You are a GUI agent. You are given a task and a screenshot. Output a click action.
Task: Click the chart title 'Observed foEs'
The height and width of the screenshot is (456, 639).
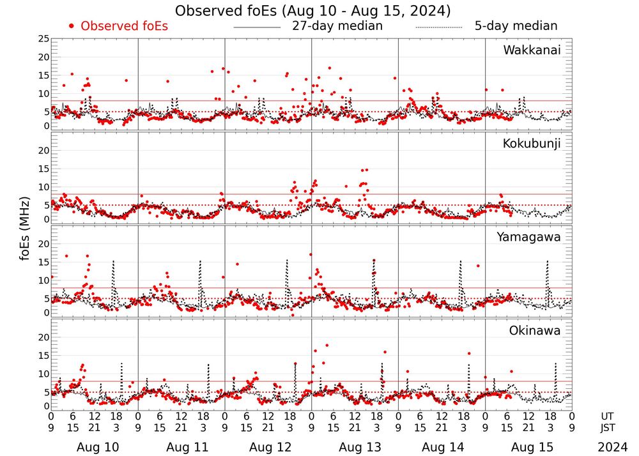[x=312, y=11]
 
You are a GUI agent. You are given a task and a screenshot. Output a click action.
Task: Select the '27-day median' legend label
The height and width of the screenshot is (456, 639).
[x=337, y=26]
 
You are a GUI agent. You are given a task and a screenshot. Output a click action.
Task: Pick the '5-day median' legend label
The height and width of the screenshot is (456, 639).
[x=516, y=26]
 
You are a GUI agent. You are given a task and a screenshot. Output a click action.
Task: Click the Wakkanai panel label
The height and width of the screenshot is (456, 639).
[x=532, y=50]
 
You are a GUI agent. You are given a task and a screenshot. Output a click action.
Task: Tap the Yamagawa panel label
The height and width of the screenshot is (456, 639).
[x=528, y=237]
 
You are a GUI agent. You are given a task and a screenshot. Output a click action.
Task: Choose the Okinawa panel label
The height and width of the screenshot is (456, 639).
[x=534, y=331]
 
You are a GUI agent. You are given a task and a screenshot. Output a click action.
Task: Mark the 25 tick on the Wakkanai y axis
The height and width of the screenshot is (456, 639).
[x=43, y=39]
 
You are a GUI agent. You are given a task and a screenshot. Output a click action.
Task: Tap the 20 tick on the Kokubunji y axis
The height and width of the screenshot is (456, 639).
[x=43, y=151]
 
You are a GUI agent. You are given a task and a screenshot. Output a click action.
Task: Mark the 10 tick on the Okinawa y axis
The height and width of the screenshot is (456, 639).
[x=43, y=374]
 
